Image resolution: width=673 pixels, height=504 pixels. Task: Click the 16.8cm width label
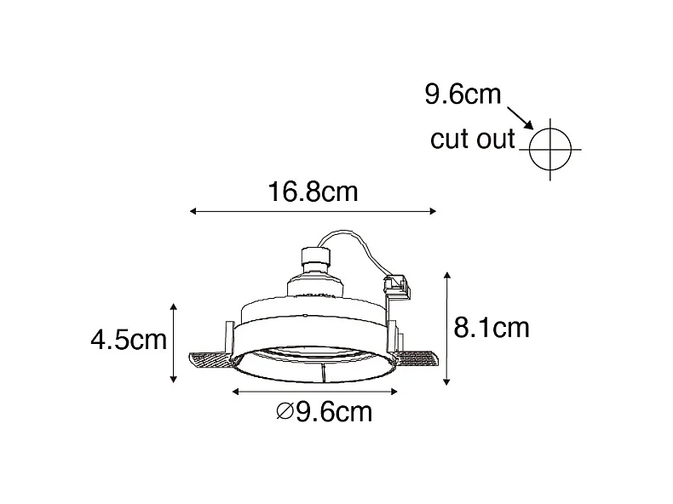(x=313, y=192)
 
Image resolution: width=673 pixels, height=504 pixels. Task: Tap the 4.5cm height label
(x=128, y=341)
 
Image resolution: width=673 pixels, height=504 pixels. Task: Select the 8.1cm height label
(x=492, y=328)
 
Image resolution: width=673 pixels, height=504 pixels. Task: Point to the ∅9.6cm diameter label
(x=325, y=414)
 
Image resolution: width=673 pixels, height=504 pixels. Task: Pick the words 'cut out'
(x=473, y=140)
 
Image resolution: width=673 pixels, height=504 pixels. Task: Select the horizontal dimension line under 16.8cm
(x=313, y=211)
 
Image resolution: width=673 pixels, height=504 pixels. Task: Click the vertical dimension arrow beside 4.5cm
(x=174, y=342)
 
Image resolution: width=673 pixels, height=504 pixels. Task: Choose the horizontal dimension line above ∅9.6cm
(x=315, y=392)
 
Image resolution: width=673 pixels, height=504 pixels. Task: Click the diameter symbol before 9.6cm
(x=284, y=414)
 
